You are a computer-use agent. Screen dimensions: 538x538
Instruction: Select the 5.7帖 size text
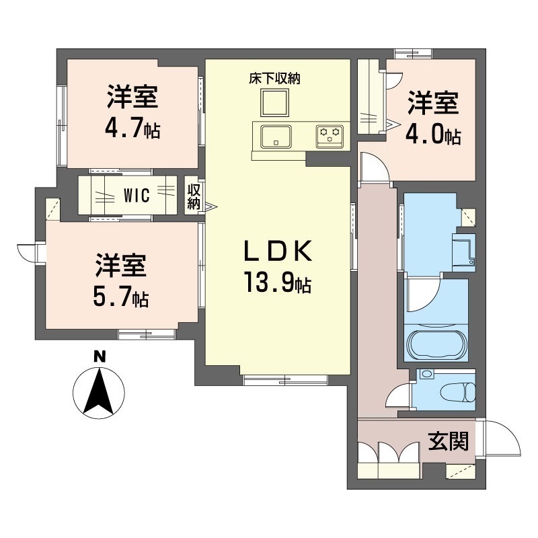(x=122, y=296)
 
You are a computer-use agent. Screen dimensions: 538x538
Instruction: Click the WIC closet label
(x=141, y=196)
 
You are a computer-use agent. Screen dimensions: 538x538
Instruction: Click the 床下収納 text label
(x=274, y=79)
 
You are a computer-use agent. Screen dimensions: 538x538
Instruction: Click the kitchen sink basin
(x=276, y=136)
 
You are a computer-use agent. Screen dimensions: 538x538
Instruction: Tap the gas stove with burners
(x=330, y=135)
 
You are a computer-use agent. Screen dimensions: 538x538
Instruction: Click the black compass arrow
(x=100, y=392)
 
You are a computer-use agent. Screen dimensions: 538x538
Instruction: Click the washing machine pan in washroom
(x=465, y=251)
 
